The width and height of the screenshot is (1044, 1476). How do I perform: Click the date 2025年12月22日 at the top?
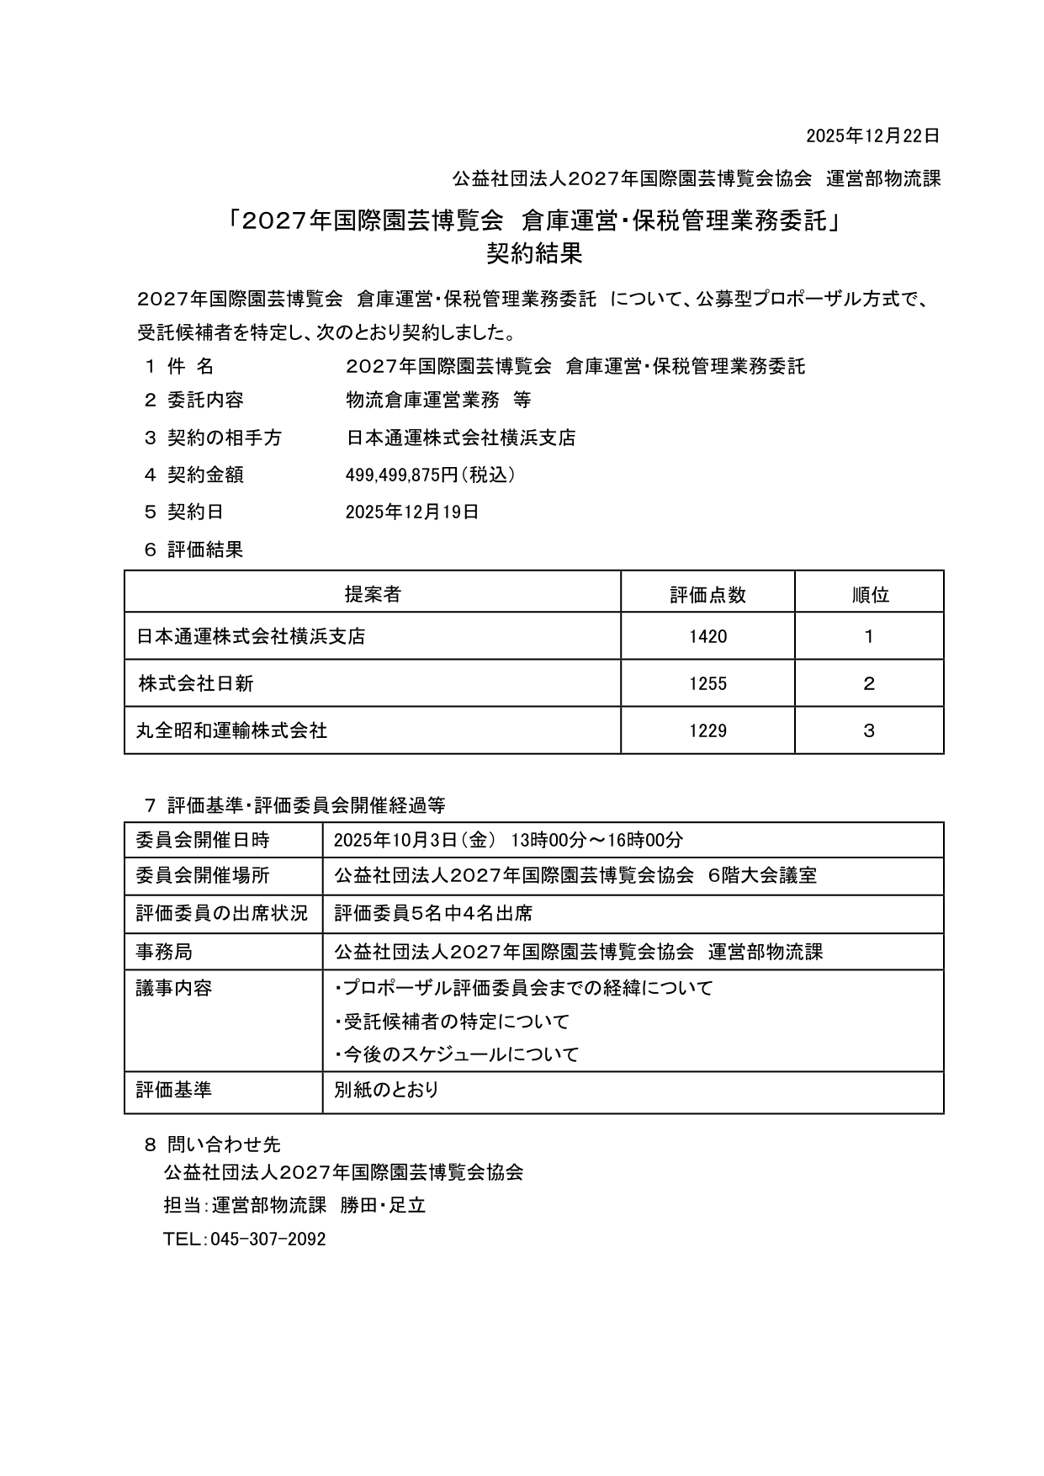point(872,135)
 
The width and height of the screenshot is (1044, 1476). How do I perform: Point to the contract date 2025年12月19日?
point(412,512)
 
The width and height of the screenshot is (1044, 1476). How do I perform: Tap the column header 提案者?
point(372,594)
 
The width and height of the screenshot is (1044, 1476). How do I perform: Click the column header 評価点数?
point(707,594)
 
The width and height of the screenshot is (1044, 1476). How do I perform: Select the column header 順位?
point(869,594)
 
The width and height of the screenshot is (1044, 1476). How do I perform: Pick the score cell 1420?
point(707,636)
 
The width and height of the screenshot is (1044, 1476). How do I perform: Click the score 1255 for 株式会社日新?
point(707,683)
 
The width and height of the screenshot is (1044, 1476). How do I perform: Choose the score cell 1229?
point(707,730)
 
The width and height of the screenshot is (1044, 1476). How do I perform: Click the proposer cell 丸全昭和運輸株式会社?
point(232,730)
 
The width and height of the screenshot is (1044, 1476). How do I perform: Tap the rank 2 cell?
point(869,683)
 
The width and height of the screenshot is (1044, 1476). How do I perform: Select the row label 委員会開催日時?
point(203,840)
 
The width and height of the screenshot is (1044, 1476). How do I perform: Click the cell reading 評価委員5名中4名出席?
point(433,913)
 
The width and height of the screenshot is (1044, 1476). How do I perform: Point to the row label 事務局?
point(164,952)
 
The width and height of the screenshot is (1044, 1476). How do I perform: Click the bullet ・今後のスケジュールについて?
point(457,1054)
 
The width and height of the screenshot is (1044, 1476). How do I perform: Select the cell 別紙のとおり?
point(387,1090)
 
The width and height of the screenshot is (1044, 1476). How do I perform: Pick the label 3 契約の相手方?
point(213,438)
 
